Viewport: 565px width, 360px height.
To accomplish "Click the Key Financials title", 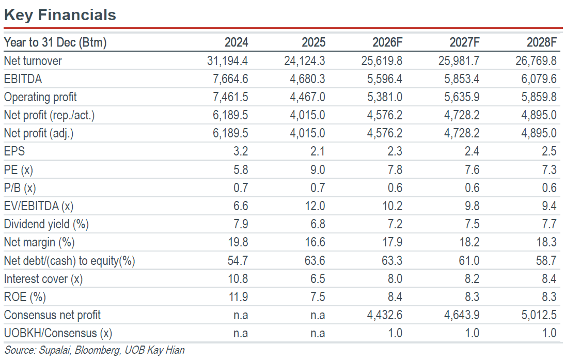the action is [x=60, y=15].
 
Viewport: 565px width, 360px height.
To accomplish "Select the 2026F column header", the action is [x=387, y=42].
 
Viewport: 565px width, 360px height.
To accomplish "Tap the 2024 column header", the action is [x=237, y=42].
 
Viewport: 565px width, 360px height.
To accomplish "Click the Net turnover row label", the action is [x=33, y=61].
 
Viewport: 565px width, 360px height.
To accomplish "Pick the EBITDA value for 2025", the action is [x=307, y=79].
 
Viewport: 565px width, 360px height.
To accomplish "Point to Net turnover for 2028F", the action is [x=536, y=61].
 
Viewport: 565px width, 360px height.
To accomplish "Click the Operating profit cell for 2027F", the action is [x=462, y=97].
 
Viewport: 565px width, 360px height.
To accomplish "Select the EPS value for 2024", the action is [x=241, y=151].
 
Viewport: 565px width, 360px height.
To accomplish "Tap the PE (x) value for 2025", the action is [x=318, y=169].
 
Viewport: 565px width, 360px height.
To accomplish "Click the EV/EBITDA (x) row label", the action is [x=39, y=206].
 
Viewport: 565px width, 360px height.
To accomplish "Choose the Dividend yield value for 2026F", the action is [x=395, y=224].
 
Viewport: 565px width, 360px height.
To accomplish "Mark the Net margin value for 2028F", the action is [x=546, y=242].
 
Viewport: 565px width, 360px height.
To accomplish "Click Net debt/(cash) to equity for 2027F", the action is [x=469, y=260].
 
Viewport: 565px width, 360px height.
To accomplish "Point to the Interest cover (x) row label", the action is [x=43, y=279].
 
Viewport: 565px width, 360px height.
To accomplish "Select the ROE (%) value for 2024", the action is [x=238, y=297].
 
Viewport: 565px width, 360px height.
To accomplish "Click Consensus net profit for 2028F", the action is [x=539, y=315].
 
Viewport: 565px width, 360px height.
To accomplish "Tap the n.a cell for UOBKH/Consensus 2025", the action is [x=318, y=334].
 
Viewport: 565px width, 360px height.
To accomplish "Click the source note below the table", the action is [x=95, y=350].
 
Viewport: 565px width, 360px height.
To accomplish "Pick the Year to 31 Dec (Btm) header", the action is [x=55, y=42].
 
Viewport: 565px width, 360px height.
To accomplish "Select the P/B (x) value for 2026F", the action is [x=395, y=188].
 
